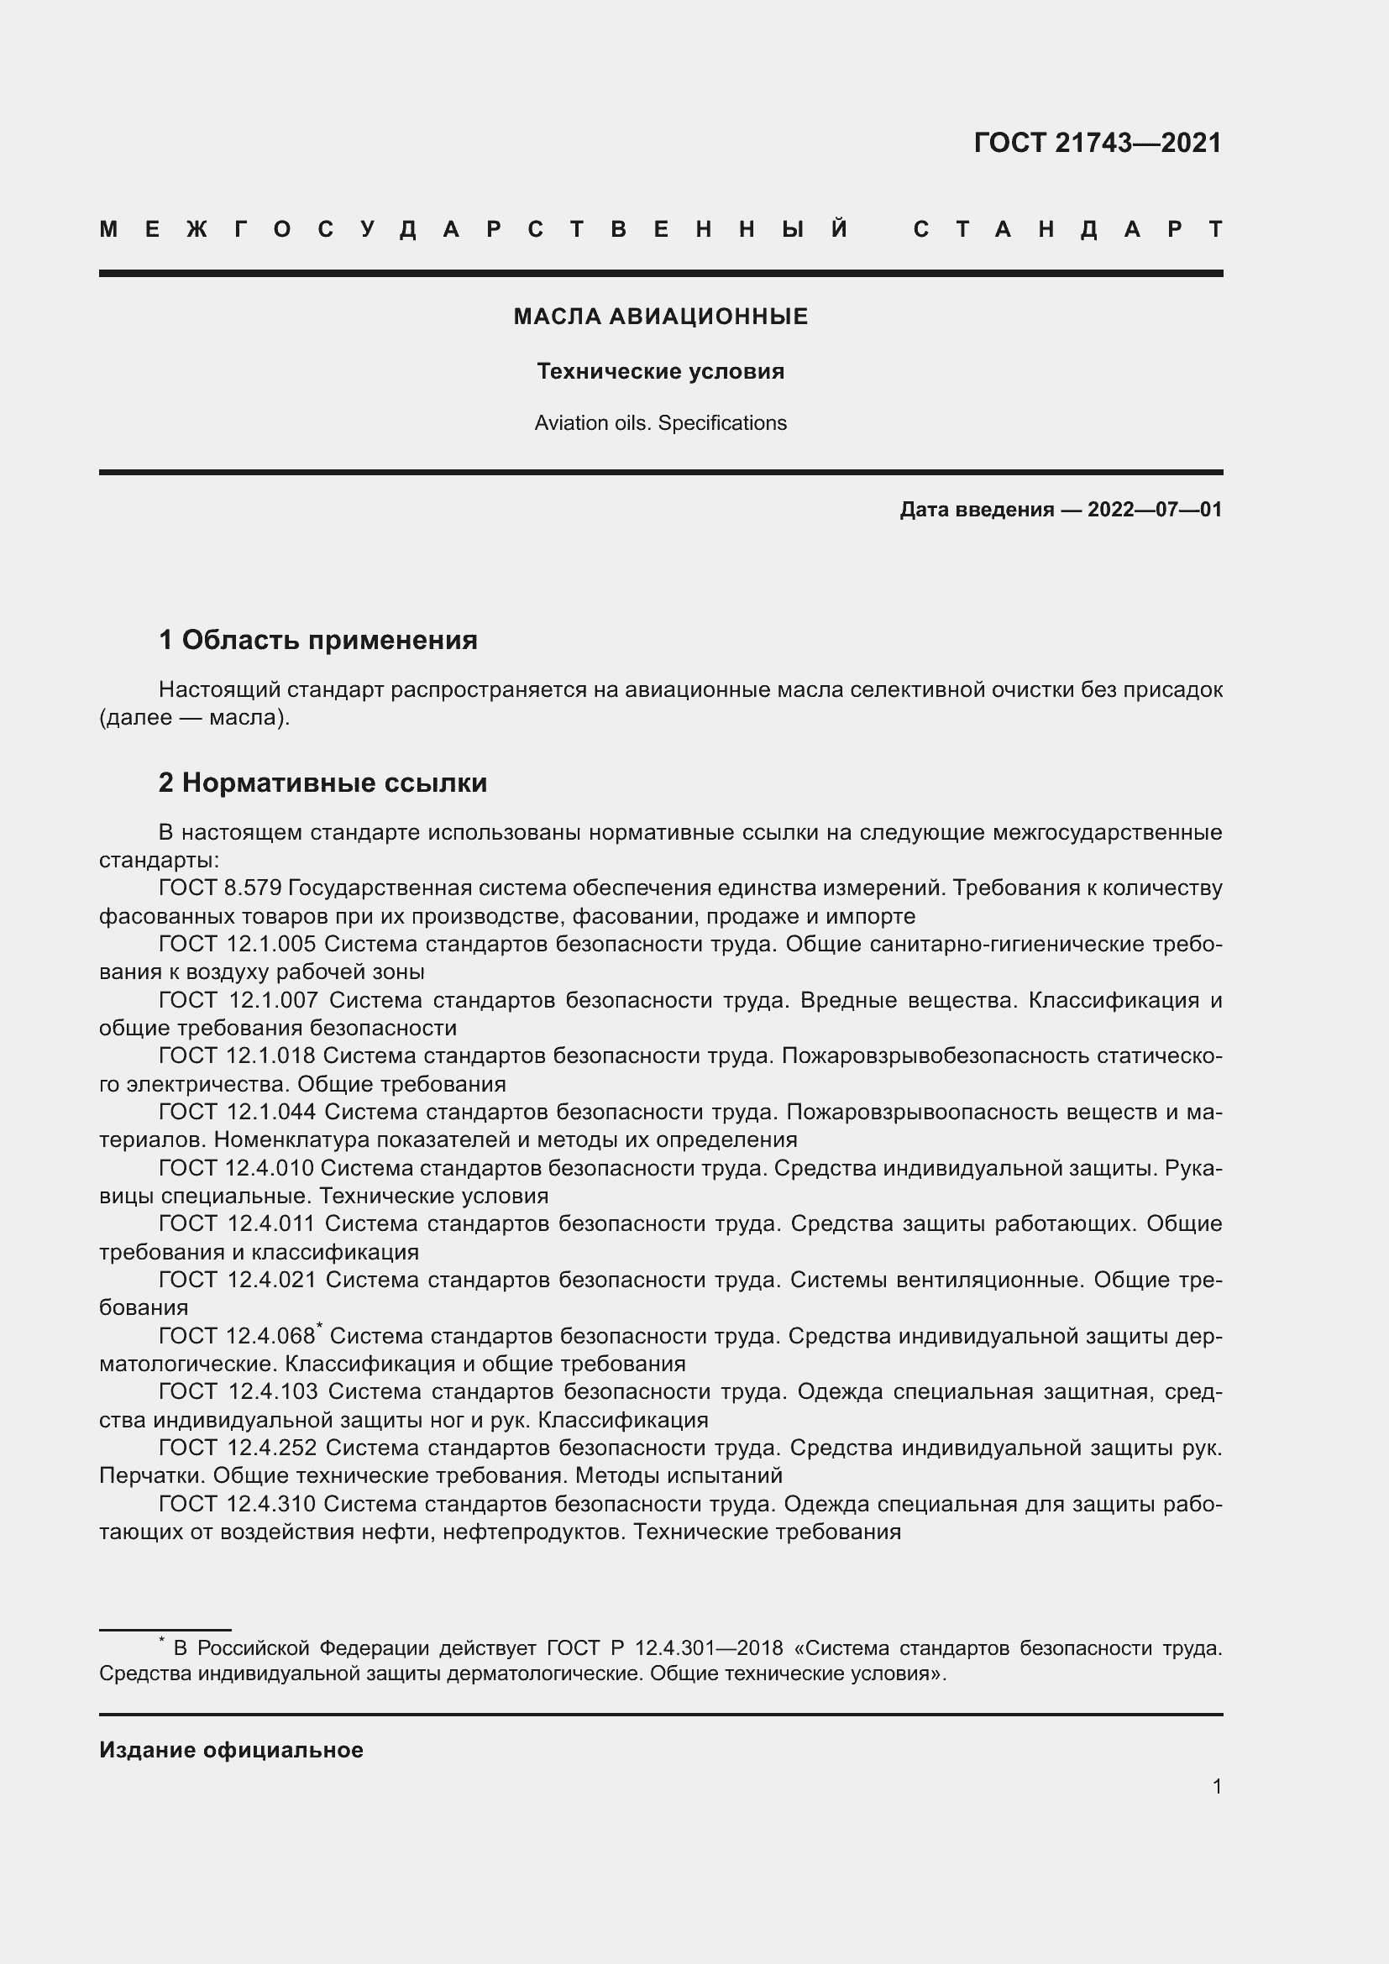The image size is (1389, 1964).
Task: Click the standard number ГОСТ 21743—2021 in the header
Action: pyautogui.click(x=1098, y=143)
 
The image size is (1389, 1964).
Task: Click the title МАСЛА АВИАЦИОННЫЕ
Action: pyautogui.click(x=660, y=317)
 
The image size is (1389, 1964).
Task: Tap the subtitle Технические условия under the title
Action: pyautogui.click(x=660, y=371)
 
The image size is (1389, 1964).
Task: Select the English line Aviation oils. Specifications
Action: pyautogui.click(x=660, y=423)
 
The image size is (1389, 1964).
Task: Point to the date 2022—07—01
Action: pyautogui.click(x=1154, y=510)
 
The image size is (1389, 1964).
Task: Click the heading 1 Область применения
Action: pyautogui.click(x=317, y=640)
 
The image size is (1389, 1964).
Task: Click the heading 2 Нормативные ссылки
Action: pyautogui.click(x=322, y=783)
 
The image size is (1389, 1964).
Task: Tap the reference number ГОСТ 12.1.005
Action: pyautogui.click(x=237, y=945)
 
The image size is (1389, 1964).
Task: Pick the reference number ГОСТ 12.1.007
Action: pyautogui.click(x=238, y=1000)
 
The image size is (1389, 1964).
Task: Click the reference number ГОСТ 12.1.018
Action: pyautogui.click(x=237, y=1056)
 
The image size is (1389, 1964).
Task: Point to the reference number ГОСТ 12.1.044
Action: pyautogui.click(x=237, y=1112)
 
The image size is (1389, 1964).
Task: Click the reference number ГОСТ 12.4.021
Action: pyautogui.click(x=237, y=1280)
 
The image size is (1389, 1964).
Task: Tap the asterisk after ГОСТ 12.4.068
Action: pyautogui.click(x=319, y=1327)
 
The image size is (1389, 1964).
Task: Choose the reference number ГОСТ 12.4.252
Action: pyautogui.click(x=237, y=1448)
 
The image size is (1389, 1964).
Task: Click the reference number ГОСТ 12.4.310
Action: pyautogui.click(x=237, y=1504)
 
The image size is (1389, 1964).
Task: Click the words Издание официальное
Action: pyautogui.click(x=231, y=1750)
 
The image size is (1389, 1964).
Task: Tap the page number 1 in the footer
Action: pyautogui.click(x=1216, y=1787)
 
